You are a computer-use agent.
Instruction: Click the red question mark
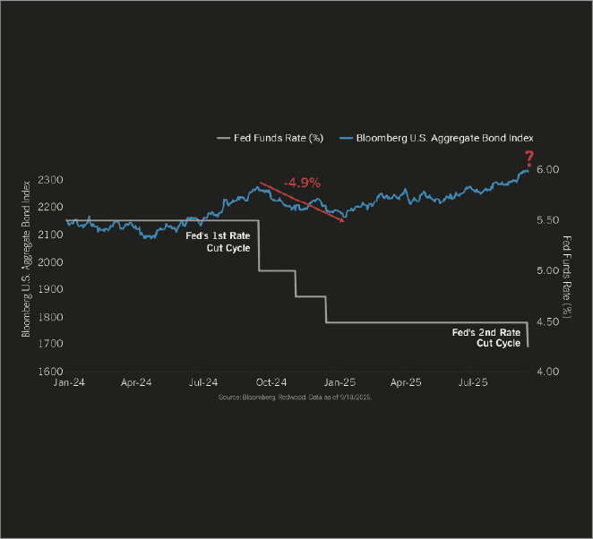(529, 158)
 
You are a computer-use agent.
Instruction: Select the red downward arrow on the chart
(301, 202)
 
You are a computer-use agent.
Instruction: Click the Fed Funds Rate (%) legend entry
(270, 138)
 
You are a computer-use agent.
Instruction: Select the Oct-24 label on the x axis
(270, 382)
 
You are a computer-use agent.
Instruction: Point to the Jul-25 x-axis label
(472, 382)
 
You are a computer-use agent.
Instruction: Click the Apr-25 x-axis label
(404, 382)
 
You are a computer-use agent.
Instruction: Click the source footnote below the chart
(295, 396)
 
